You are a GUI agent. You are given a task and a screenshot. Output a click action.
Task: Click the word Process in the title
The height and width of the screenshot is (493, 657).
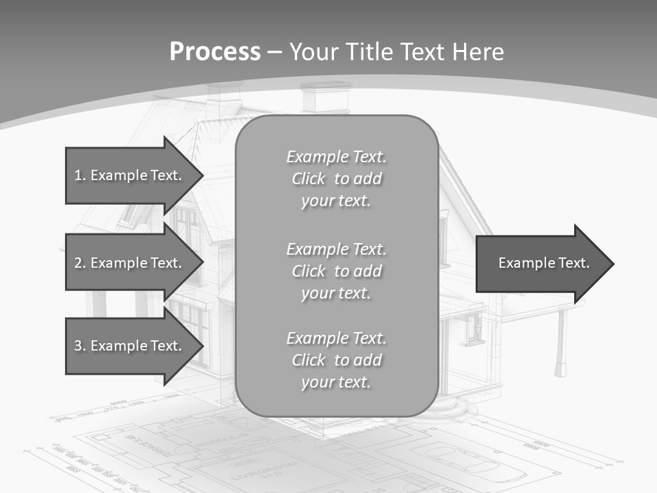click(x=215, y=51)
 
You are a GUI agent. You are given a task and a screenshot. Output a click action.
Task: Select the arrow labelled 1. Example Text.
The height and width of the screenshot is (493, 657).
click(x=130, y=175)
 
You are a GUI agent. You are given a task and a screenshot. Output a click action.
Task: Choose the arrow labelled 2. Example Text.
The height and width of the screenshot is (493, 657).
click(x=130, y=263)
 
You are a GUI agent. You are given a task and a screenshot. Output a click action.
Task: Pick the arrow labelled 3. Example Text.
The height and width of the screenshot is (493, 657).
click(x=130, y=346)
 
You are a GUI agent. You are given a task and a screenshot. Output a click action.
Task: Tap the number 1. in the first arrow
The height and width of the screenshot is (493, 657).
click(x=80, y=175)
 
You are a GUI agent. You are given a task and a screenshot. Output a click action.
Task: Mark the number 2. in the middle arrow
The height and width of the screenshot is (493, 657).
click(x=80, y=263)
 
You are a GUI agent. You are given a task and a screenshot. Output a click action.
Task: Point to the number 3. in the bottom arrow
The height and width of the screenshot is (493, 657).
click(x=80, y=346)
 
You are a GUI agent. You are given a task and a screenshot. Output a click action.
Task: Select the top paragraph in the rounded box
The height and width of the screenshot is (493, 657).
click(x=336, y=179)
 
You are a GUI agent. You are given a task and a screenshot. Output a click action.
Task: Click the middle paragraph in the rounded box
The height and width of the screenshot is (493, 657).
click(x=336, y=271)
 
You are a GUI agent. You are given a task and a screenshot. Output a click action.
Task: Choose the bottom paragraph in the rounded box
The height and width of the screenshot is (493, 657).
click(x=336, y=360)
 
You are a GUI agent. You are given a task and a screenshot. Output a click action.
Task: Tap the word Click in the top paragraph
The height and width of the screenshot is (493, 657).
click(x=309, y=179)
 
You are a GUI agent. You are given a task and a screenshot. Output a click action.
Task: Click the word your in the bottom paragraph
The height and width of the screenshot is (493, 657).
click(x=317, y=382)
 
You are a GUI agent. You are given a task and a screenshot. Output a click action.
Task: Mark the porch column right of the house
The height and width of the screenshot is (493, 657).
click(x=561, y=342)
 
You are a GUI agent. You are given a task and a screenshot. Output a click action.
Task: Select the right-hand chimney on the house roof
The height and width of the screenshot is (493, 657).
click(x=325, y=98)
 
